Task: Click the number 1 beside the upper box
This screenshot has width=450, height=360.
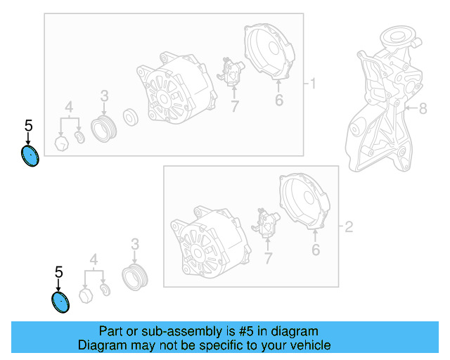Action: [313, 84]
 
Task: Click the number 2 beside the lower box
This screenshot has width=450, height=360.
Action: [349, 227]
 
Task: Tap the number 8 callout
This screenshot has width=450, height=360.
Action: [423, 108]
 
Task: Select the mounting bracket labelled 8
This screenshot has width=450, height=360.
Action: [385, 99]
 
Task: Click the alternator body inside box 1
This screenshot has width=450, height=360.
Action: [176, 89]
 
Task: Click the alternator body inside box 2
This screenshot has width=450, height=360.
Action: [210, 242]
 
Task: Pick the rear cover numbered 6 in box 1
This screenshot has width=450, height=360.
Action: [269, 51]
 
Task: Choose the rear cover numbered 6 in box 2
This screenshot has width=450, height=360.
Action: [304, 200]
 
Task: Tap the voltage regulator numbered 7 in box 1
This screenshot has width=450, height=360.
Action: [231, 72]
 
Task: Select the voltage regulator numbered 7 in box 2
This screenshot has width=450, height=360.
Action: [266, 223]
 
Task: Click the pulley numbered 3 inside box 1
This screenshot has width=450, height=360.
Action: [103, 129]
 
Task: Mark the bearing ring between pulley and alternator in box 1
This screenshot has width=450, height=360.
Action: [131, 117]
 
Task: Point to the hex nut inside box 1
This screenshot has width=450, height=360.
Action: [62, 143]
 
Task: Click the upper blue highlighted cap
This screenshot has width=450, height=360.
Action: [30, 156]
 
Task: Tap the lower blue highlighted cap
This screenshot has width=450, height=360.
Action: [60, 302]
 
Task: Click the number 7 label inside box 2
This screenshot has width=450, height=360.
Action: [268, 258]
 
